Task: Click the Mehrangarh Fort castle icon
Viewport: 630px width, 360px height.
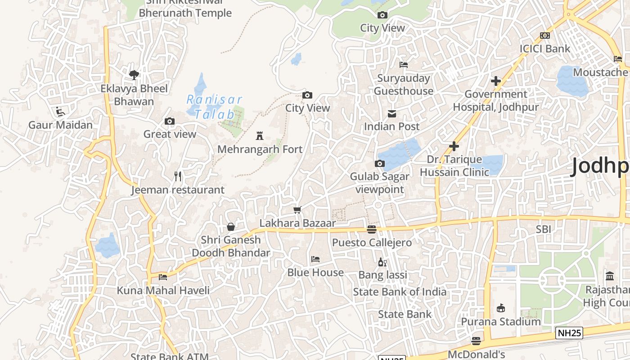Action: pos(259,135)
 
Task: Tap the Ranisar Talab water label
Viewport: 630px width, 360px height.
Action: pos(214,107)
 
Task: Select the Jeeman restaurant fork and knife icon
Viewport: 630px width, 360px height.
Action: pos(178,176)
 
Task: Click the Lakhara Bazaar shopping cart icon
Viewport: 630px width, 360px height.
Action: pos(297,210)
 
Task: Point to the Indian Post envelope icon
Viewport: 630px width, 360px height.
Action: pos(391,113)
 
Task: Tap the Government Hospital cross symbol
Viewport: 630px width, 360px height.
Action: pos(495,81)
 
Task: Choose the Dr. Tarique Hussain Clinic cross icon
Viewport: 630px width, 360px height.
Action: pos(454,146)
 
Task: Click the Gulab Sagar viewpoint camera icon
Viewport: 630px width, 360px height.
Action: pos(379,163)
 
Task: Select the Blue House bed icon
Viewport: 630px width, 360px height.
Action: pos(315,259)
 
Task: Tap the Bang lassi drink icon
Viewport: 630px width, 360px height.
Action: pos(382,262)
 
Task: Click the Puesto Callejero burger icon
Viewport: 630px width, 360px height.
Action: pos(371,229)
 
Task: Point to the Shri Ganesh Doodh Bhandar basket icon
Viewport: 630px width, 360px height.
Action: pos(231,227)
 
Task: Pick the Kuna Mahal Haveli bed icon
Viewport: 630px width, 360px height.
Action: pos(163,277)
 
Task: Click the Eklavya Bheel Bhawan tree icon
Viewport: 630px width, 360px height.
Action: pos(134,75)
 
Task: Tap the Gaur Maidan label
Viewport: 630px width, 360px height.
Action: pos(60,125)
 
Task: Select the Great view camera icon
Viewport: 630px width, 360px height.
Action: pos(170,121)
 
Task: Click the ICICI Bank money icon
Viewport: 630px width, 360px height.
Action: pos(545,36)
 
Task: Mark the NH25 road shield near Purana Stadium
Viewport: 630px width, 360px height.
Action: pos(569,333)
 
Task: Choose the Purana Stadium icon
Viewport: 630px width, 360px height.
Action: pos(500,308)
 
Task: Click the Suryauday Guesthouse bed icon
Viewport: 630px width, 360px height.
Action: pos(404,65)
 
